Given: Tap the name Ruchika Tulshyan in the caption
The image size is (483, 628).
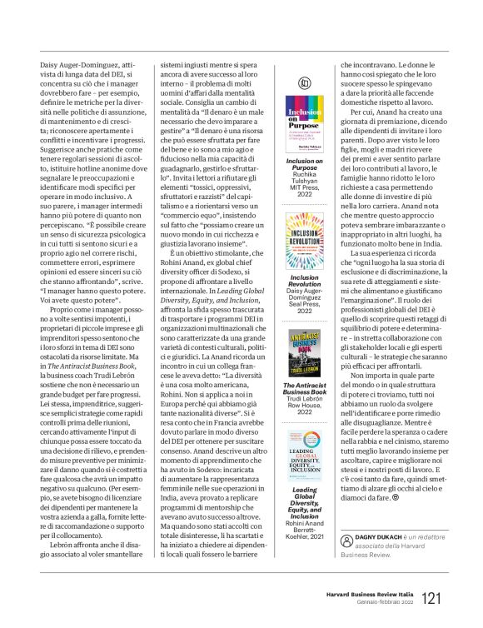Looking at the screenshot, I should pyautogui.click(x=304, y=177).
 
